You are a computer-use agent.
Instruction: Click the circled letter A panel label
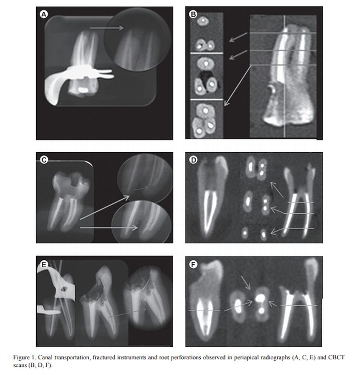(44, 14)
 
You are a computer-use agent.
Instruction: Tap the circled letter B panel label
(193, 14)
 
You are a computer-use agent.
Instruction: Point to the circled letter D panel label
(193, 160)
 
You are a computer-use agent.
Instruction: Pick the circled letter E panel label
(44, 265)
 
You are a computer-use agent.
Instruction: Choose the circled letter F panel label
(193, 264)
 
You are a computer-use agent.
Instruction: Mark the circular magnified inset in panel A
(137, 41)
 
